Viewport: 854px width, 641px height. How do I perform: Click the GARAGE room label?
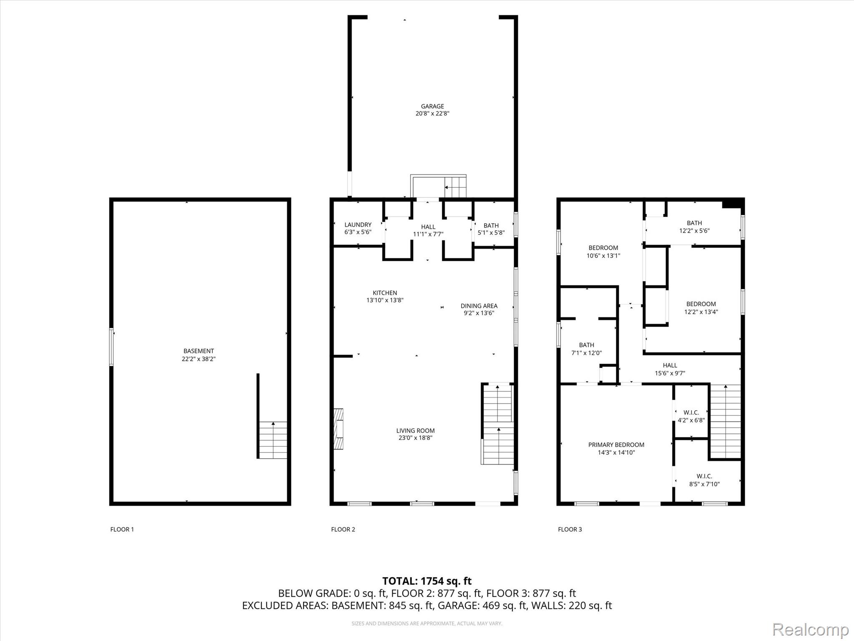click(x=432, y=106)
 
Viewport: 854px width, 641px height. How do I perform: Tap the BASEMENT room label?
click(x=198, y=351)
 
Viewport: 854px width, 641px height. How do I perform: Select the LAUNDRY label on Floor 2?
click(x=358, y=225)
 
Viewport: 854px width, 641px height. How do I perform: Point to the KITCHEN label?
click(x=385, y=293)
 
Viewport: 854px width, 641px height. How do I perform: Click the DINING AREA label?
click(x=479, y=306)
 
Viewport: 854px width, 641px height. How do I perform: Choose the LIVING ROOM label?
click(x=415, y=431)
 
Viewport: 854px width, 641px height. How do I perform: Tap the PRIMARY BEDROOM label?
click(x=616, y=445)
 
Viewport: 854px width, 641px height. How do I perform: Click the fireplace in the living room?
click(x=338, y=429)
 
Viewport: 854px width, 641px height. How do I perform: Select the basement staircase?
click(x=273, y=440)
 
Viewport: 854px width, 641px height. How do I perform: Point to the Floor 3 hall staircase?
click(x=726, y=421)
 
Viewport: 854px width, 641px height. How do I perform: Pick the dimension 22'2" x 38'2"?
click(x=198, y=359)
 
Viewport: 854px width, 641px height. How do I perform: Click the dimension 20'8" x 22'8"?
click(x=432, y=114)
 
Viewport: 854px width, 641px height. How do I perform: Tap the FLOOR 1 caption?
click(x=122, y=530)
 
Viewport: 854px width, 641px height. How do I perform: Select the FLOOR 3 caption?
click(x=570, y=530)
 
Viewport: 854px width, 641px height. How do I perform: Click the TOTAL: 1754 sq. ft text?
click(x=427, y=581)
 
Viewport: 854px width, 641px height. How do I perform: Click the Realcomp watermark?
click(x=811, y=629)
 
